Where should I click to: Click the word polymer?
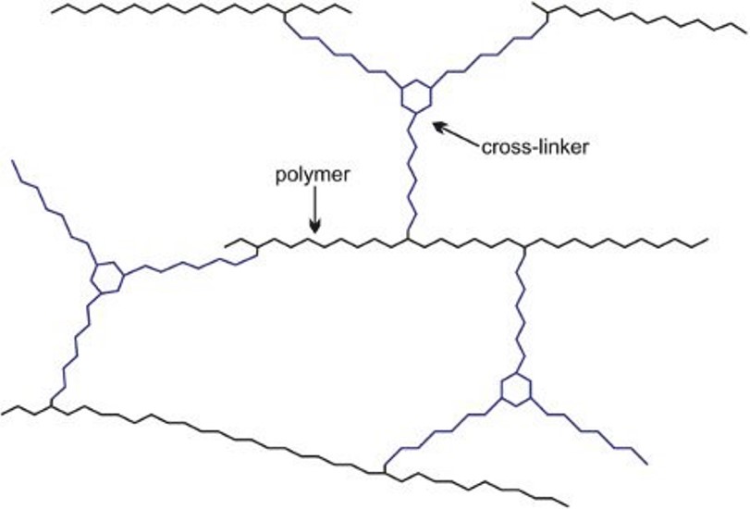pyautogui.click(x=313, y=176)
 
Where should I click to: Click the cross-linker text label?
pyautogui.click(x=535, y=147)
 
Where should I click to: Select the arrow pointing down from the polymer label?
pyautogui.click(x=314, y=209)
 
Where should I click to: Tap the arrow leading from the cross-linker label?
pyautogui.click(x=456, y=133)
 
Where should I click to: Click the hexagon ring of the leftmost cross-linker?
pyautogui.click(x=107, y=277)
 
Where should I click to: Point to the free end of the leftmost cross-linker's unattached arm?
pyautogui.click(x=13, y=161)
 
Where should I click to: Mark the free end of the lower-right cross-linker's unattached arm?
pyautogui.click(x=646, y=464)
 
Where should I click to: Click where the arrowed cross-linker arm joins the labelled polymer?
pyautogui.click(x=407, y=239)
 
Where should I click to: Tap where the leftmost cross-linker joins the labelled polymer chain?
pyautogui.click(x=257, y=247)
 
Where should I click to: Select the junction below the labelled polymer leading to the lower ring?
pyautogui.click(x=524, y=247)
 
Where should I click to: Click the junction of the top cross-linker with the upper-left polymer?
pyautogui.click(x=285, y=13)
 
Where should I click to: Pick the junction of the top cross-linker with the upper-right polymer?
pyautogui.click(x=547, y=13)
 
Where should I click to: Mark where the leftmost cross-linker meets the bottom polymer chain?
pyautogui.click(x=51, y=407)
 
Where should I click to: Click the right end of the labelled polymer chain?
pyautogui.click(x=707, y=240)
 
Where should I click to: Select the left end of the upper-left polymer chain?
pyautogui.click(x=52, y=9)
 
